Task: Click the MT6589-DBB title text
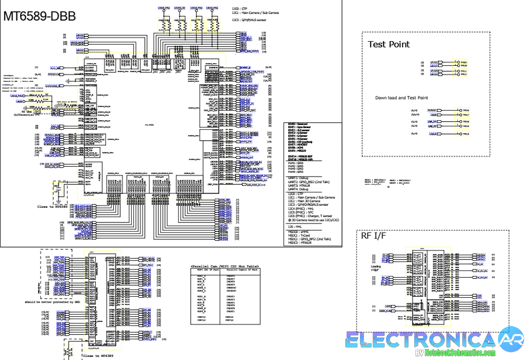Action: tap(40, 17)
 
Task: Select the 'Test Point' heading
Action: tap(388, 44)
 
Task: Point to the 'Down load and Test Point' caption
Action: tap(402, 98)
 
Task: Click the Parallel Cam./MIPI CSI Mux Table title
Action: tap(225, 267)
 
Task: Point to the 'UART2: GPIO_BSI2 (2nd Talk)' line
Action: tap(309, 182)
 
